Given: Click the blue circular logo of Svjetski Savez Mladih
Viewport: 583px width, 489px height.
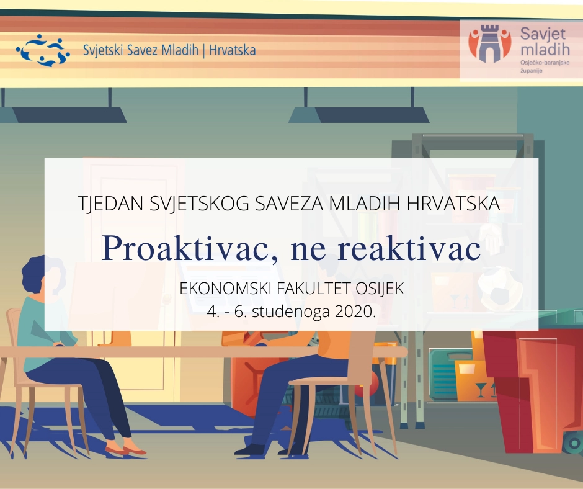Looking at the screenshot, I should coord(40,50).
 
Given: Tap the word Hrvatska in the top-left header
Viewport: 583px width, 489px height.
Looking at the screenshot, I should coord(233,51).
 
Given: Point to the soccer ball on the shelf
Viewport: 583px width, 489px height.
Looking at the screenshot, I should coord(500,289).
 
